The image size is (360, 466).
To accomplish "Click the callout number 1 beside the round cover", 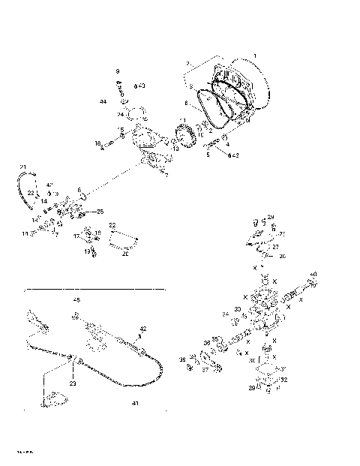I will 253,56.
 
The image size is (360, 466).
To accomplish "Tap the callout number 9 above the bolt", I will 118,71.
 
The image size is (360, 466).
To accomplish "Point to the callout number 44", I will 103,101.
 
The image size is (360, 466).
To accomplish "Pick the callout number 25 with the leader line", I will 101,212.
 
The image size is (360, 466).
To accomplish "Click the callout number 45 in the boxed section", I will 76,299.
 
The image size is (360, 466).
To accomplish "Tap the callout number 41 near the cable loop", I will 135,403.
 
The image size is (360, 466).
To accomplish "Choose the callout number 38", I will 182,359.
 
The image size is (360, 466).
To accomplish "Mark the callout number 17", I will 76,236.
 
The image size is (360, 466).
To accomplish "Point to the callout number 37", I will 205,369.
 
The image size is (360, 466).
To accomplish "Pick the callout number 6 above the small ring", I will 79,190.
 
